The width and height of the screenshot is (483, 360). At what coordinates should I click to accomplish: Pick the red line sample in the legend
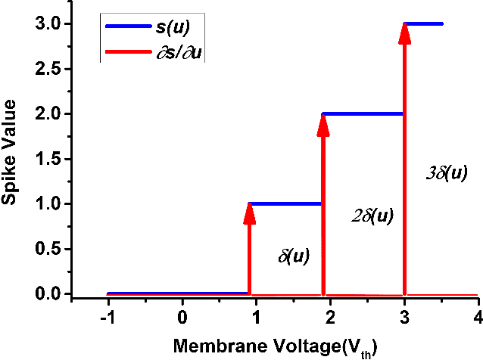coord(130,51)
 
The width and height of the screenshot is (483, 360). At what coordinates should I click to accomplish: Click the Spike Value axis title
coord(12,159)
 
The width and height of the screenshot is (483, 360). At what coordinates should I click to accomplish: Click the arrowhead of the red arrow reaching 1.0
coord(250,213)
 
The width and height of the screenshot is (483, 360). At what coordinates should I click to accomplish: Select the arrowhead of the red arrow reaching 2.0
coord(323,124)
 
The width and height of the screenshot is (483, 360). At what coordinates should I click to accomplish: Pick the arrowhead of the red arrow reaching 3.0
coord(405,34)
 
